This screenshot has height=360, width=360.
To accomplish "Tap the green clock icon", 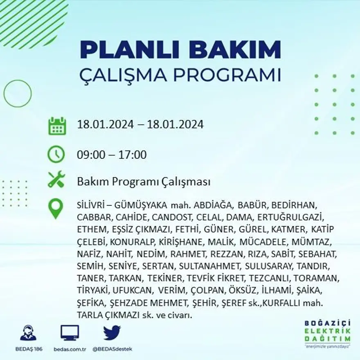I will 56,155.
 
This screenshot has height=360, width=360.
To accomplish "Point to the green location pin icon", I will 56,209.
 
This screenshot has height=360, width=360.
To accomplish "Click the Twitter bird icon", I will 112,333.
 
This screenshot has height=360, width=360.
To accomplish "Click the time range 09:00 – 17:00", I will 112,155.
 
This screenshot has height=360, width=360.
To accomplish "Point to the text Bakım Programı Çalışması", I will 144,182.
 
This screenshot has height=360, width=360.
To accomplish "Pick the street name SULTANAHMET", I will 210,266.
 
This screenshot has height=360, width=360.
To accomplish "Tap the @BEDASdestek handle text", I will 112,349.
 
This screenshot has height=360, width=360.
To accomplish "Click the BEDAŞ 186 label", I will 28,349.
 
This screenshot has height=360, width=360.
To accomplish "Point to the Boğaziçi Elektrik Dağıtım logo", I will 327,333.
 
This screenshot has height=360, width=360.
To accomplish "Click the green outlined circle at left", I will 18,93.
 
